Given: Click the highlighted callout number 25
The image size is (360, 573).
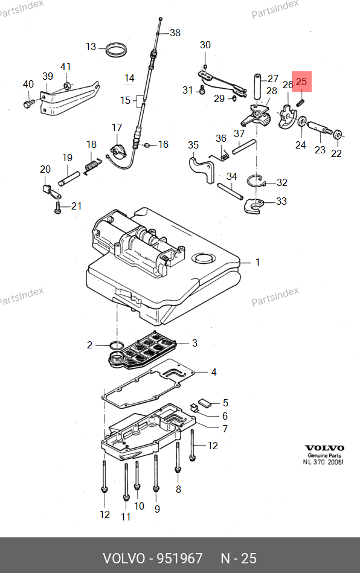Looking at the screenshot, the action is point(301,81).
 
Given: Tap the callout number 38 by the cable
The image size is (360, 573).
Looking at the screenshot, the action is point(175,33).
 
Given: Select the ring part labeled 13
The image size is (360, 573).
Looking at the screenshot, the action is point(116,50).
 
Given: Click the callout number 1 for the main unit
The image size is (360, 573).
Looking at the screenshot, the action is point(257,262).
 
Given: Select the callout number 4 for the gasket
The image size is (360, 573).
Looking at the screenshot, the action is point(214,372).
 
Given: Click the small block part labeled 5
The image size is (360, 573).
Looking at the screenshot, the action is point(205,403).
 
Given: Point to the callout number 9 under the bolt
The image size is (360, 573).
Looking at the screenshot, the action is point(157,508).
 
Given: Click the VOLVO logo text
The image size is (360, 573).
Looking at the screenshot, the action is point(324,448).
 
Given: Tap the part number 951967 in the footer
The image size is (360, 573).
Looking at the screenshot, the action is point(179,559).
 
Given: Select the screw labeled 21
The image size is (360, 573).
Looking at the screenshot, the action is point(58,208).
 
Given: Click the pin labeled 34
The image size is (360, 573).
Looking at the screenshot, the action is point(230,191).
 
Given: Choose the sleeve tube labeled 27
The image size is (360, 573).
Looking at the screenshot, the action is point(259,86).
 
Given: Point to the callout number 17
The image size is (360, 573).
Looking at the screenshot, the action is point(117,127).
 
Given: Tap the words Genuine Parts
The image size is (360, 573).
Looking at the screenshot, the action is point(324,455).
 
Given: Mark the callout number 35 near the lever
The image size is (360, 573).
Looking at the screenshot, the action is point(193,145).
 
